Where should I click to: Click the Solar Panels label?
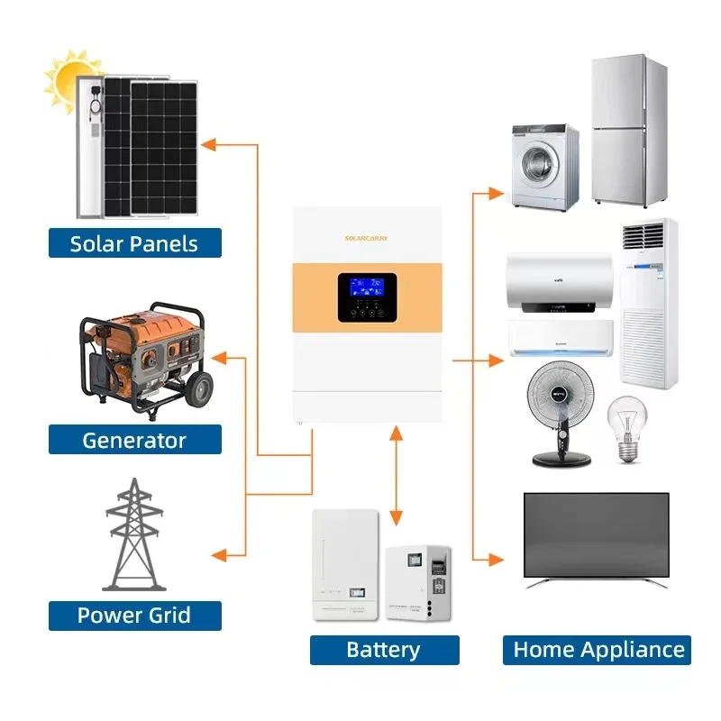click(134, 242)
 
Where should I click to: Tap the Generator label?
click(134, 440)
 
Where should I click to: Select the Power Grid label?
click(134, 616)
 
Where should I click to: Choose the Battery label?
click(384, 650)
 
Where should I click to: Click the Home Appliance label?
click(599, 650)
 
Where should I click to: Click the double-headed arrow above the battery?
click(395, 477)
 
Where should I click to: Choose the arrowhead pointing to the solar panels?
click(208, 143)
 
